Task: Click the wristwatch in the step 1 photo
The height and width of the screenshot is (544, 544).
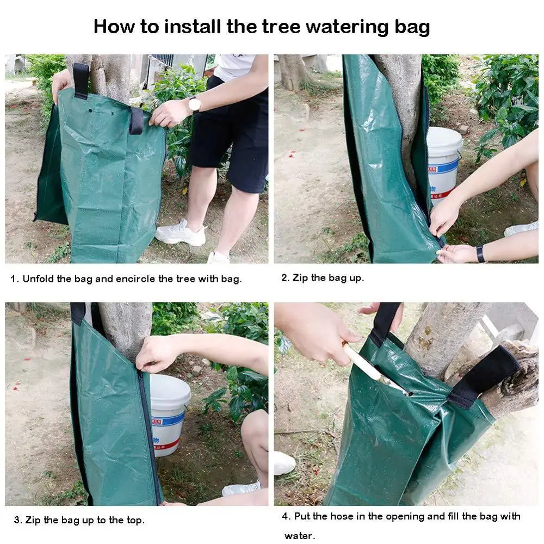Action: (194, 103)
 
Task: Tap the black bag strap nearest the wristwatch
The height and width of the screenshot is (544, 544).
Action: (136, 120)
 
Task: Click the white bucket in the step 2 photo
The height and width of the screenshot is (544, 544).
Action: (443, 163)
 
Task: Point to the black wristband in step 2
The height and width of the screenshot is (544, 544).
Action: (480, 254)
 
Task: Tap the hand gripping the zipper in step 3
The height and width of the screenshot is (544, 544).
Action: (158, 354)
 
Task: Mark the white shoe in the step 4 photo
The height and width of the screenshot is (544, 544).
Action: (284, 463)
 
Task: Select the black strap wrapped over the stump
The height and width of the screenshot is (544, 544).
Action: (484, 375)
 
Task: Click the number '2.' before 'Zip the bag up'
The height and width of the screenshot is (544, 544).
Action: (285, 277)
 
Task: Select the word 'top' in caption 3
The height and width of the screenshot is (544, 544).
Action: (133, 520)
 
